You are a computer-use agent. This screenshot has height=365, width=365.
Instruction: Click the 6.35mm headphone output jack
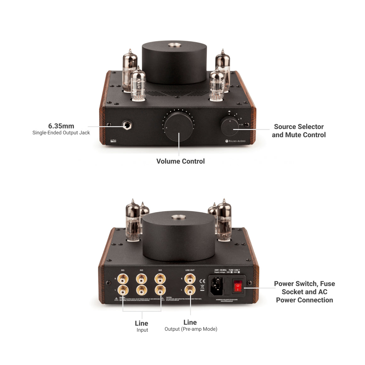127,126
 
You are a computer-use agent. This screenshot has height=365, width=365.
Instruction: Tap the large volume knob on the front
178,127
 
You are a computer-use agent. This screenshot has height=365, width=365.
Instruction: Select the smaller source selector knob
230,126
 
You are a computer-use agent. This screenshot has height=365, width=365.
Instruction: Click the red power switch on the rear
238,287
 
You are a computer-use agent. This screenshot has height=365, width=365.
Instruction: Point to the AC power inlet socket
217,286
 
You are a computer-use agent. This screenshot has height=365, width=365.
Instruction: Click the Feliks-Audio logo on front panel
235,141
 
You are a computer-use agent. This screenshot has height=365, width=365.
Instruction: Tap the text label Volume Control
180,161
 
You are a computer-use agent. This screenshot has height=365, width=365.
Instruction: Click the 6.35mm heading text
61,126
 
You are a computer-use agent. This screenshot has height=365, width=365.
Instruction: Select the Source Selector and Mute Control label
299,131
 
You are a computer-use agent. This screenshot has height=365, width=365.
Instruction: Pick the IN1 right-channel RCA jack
123,279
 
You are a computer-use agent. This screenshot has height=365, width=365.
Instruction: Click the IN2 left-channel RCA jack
142,290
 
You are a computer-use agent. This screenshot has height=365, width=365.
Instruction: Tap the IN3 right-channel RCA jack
160,279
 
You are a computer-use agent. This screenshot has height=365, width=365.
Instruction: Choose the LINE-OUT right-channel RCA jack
190,279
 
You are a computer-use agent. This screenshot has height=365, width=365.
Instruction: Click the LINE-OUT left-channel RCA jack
190,290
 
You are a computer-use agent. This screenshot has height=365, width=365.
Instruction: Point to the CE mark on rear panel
202,281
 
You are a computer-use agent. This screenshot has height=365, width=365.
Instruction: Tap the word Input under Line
142,330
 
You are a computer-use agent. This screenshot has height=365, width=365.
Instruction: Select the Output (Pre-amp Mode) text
191,329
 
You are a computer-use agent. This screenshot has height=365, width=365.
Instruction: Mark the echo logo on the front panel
113,141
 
